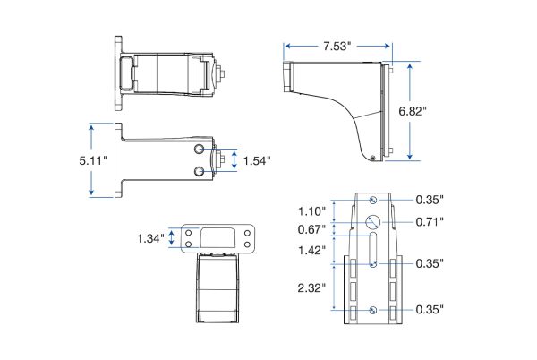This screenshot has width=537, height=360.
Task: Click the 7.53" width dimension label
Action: [x=337, y=47]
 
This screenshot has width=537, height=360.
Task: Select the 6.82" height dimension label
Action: [x=413, y=111]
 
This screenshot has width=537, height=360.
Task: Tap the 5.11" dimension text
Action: [x=93, y=160]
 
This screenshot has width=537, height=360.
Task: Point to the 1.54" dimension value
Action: [x=257, y=160]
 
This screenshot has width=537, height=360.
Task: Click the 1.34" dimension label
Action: [x=150, y=238]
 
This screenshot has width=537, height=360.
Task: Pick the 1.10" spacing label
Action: [x=311, y=211]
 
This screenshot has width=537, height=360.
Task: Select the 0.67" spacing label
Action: [x=311, y=229]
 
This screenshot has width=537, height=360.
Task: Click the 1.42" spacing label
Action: [x=311, y=250]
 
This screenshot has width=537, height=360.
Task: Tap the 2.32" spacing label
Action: [x=311, y=287]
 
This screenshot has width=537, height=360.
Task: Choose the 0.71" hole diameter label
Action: [x=430, y=222]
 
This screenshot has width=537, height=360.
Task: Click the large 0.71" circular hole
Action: [x=372, y=222]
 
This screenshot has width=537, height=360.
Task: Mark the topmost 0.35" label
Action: [x=430, y=200]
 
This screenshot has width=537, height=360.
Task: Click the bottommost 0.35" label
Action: [x=430, y=309]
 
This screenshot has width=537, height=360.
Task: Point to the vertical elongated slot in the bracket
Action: [x=373, y=250]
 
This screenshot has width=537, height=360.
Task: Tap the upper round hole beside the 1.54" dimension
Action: [x=199, y=149]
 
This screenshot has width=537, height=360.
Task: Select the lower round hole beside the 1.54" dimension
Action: [x=199, y=171]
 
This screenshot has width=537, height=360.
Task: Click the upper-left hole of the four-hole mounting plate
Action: [x=188, y=233]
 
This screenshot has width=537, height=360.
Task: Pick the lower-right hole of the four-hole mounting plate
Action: [x=247, y=244]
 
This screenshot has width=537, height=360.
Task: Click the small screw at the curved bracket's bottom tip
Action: [x=372, y=158]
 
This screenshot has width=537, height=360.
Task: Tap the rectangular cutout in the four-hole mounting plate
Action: [x=217, y=238]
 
